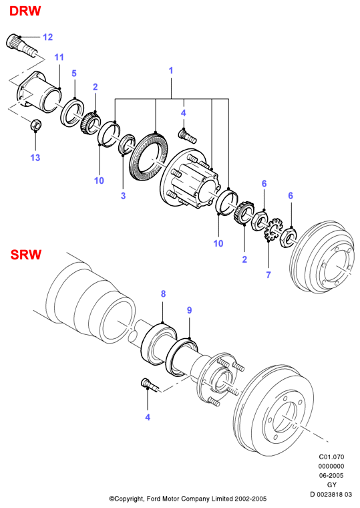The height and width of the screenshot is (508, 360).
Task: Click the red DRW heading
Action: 25,11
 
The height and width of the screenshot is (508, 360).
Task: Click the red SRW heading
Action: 26,254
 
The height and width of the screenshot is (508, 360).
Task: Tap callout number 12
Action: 47,37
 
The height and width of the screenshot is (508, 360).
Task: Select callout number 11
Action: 59,57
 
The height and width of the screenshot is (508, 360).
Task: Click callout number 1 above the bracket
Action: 171,70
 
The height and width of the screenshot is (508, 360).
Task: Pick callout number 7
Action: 268,275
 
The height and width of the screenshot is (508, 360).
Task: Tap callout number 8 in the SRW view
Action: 163,293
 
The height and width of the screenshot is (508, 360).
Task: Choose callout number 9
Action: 190,310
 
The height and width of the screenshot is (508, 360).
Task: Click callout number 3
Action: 123,196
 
